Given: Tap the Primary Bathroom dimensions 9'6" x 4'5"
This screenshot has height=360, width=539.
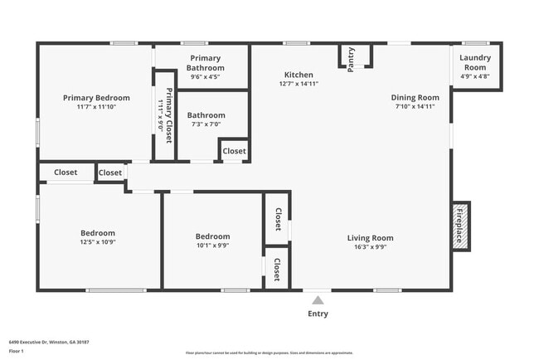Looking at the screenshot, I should pos(203,77).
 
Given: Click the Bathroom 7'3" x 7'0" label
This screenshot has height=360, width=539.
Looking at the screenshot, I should pos(206,115).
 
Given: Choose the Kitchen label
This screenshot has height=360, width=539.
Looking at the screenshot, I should pos(299,75).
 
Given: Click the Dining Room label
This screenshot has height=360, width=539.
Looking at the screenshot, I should pos(415,98).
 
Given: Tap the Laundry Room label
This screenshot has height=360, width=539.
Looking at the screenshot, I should pos(475,62).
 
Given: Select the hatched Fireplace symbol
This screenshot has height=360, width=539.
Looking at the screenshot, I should pos(460,225).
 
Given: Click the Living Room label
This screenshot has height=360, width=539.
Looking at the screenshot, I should pos(370,238).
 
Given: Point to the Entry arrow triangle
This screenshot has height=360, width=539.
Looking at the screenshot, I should pos(318,299).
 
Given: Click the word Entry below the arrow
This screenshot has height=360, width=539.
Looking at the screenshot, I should pos(318,314).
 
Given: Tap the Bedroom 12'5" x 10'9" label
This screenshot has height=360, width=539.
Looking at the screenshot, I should pos(98,233).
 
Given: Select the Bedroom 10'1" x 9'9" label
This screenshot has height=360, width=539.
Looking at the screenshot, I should pos(212,235).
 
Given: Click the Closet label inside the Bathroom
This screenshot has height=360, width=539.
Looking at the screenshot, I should pos(234,151).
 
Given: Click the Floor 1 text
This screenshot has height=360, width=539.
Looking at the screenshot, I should pos(17,351).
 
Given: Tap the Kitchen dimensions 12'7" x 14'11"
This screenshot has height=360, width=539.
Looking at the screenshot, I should pos(299,84).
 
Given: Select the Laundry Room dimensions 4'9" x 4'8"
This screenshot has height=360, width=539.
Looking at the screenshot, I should pos(475,76).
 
